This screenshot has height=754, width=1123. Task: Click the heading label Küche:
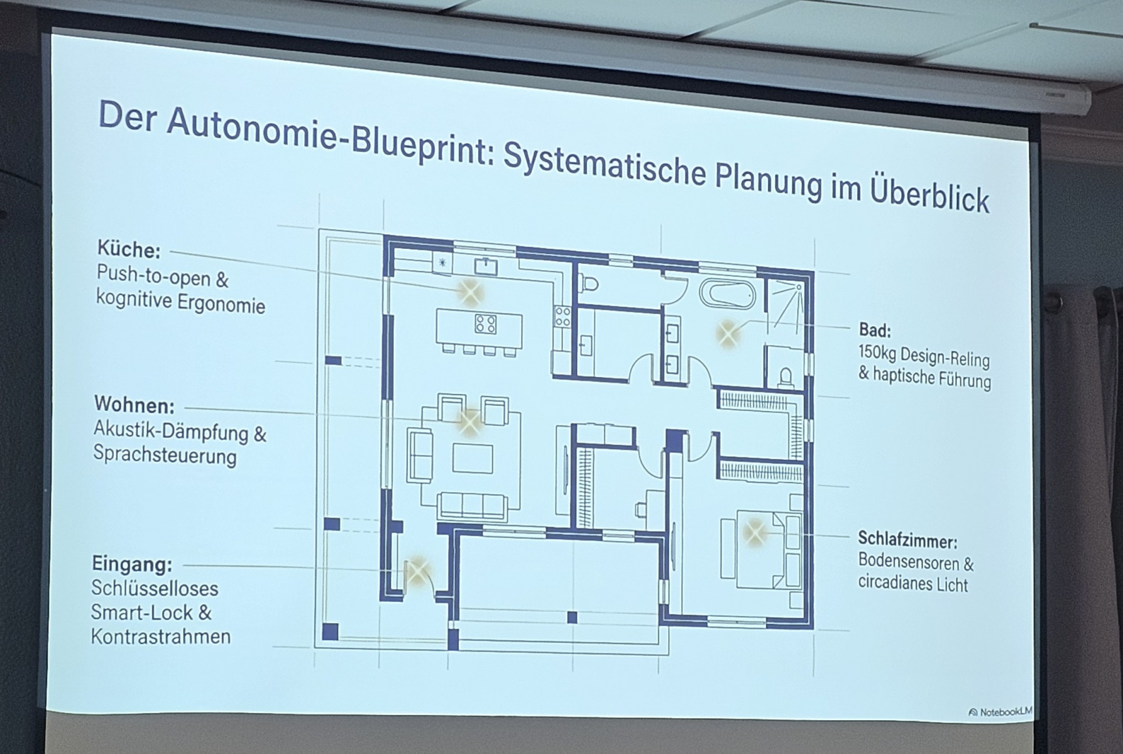[129, 249]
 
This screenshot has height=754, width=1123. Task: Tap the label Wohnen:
[134, 405]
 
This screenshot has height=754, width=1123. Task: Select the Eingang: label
[131, 564]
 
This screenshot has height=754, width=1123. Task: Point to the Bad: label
[875, 330]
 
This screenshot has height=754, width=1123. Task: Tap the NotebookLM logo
[1000, 712]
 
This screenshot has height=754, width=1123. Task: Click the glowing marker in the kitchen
[470, 292]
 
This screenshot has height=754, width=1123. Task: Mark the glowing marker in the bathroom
[728, 334]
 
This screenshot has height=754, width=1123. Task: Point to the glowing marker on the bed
[755, 532]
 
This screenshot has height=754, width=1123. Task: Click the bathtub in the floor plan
[728, 294]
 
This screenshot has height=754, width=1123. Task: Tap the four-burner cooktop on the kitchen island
[486, 324]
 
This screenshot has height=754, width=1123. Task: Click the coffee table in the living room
[473, 457]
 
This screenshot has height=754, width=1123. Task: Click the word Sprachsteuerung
[165, 455]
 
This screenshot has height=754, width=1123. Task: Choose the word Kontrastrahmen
[161, 636]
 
